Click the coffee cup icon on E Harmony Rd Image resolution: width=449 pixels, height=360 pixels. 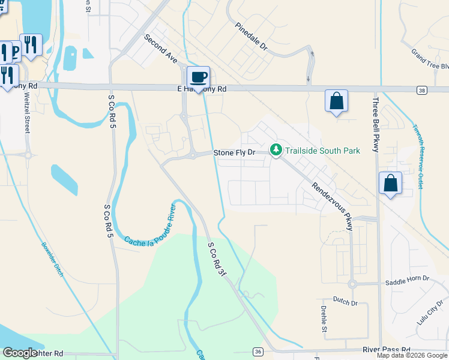(x=198, y=77)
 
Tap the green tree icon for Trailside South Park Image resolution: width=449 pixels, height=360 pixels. (x=276, y=149)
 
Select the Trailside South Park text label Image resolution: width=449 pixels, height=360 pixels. (x=322, y=151)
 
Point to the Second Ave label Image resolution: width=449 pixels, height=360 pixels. (x=160, y=49)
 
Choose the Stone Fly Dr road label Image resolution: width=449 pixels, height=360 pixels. (x=235, y=153)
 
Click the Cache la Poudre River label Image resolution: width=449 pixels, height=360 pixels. (x=150, y=226)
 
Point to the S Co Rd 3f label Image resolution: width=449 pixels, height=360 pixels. (x=218, y=259)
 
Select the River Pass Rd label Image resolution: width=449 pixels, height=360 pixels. (x=386, y=349)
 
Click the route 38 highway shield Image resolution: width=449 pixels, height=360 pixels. (x=422, y=89)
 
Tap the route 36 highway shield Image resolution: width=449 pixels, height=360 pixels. (x=258, y=351)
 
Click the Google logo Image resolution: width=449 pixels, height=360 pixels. (x=20, y=353)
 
